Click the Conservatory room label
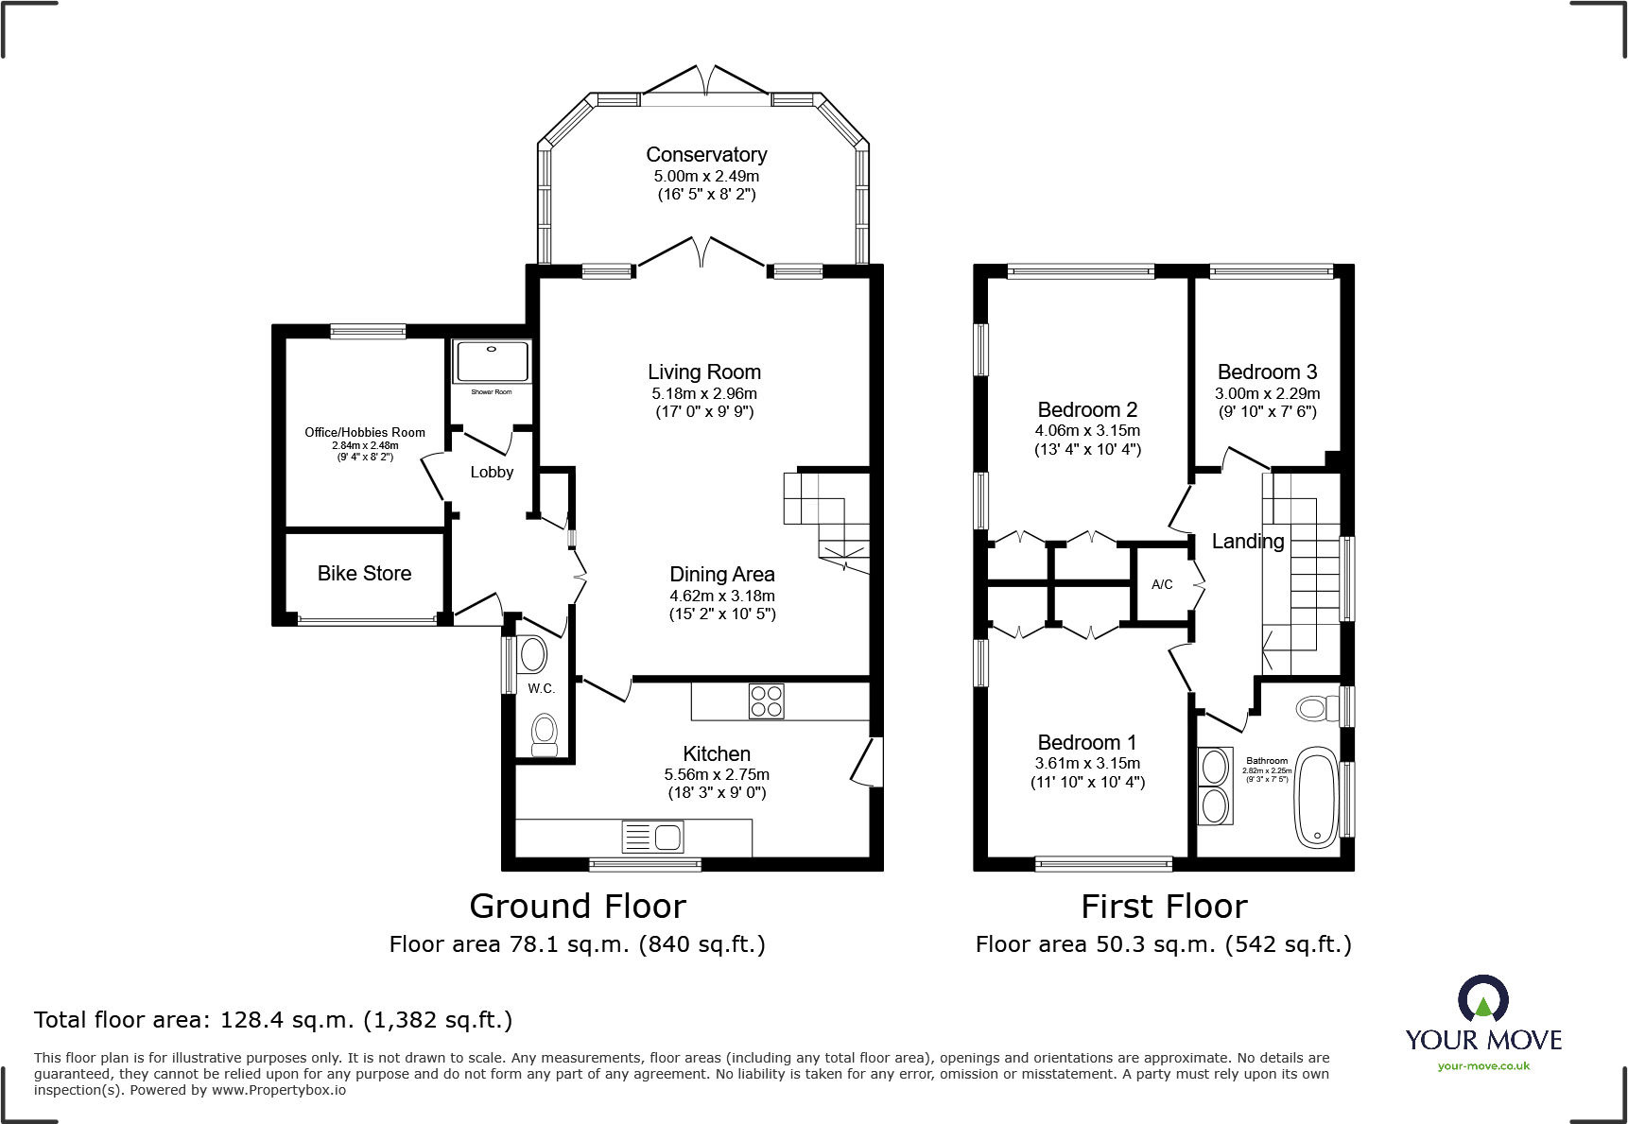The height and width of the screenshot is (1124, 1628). click(x=706, y=155)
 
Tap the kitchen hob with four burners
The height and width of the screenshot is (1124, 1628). click(x=766, y=701)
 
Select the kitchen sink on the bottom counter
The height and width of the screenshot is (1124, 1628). click(x=652, y=837)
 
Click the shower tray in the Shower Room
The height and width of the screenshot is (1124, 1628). click(x=492, y=361)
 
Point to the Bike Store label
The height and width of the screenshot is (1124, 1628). click(x=364, y=574)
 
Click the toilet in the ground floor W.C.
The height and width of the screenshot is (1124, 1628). click(x=544, y=734)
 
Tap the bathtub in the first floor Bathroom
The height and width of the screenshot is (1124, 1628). click(x=1315, y=797)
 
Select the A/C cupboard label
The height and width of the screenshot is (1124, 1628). click(x=1162, y=585)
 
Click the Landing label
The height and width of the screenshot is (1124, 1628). click(x=1248, y=542)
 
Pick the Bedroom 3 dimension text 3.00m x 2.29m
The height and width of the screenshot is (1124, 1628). click(x=1267, y=393)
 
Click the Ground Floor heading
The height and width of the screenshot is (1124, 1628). click(x=578, y=907)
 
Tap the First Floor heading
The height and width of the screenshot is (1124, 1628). click(x=1164, y=907)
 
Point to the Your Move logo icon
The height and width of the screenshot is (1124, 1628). click(x=1482, y=998)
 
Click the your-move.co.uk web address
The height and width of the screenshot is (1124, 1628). click(x=1483, y=1066)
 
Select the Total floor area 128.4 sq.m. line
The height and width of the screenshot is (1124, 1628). click(x=273, y=1020)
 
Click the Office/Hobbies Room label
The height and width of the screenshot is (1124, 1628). click(x=365, y=433)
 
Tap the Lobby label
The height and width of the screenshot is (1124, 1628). click(x=492, y=473)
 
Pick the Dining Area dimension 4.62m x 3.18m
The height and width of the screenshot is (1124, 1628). click(x=722, y=597)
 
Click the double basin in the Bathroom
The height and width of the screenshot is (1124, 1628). click(x=1215, y=787)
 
